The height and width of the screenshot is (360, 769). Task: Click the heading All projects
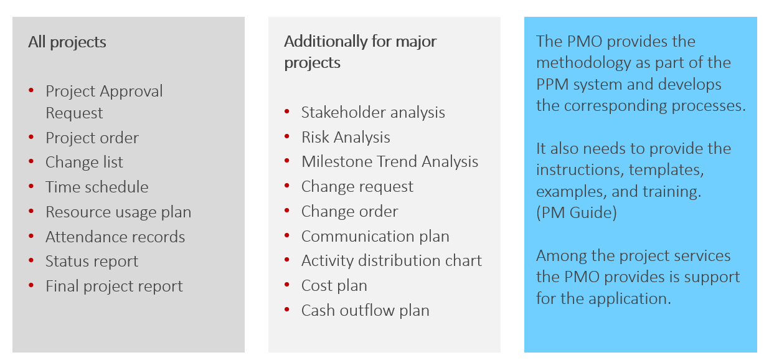[67, 42]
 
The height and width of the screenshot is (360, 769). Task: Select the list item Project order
[92, 138]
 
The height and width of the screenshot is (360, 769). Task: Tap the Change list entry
[84, 163]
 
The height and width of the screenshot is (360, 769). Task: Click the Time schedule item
[97, 187]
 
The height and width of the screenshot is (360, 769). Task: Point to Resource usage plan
[118, 212]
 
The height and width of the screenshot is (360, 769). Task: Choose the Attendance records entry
[115, 237]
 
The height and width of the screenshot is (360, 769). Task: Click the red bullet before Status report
[31, 262]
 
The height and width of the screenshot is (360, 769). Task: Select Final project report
[114, 287]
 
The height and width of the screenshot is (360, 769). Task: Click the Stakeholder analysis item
[372, 113]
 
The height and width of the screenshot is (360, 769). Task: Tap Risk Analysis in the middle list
[346, 138]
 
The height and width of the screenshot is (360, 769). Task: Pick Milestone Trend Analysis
[389, 162]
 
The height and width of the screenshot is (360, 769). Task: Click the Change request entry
[357, 187]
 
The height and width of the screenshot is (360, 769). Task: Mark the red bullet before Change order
[287, 211]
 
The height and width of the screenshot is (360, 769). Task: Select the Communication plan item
[375, 237]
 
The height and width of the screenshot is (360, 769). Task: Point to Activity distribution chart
[391, 261]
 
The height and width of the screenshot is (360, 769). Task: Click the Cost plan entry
[334, 286]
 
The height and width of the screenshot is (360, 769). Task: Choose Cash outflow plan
[365, 311]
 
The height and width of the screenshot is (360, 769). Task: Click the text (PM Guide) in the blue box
[577, 213]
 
